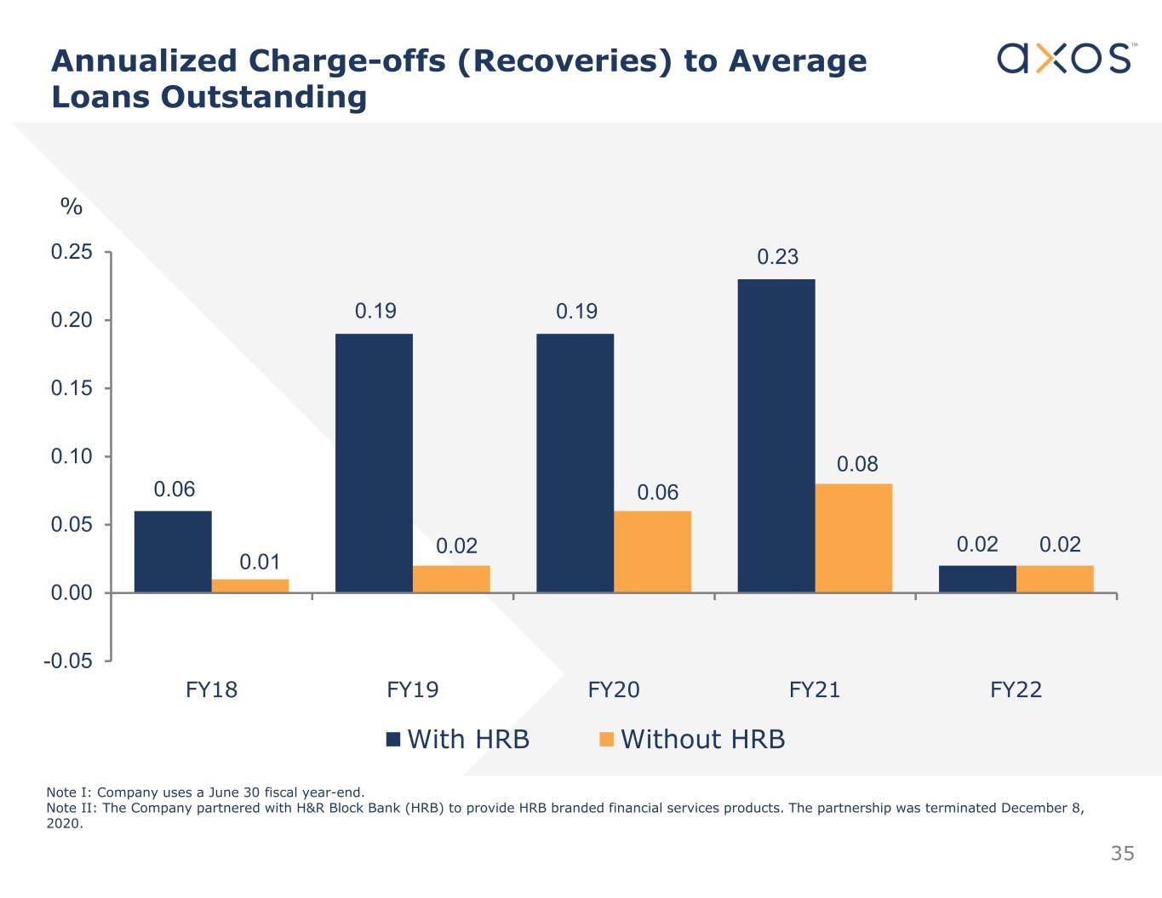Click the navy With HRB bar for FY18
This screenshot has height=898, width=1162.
[173, 552]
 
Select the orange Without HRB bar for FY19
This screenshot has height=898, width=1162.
[451, 579]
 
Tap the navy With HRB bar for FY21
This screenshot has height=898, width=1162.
[776, 436]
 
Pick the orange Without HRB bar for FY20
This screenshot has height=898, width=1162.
[652, 552]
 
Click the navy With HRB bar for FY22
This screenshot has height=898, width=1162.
[977, 579]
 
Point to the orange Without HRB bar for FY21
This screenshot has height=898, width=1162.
[854, 538]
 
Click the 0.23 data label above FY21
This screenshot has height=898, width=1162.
[778, 257]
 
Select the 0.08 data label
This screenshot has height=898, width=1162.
[857, 464]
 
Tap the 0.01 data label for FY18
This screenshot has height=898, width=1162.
[260, 562]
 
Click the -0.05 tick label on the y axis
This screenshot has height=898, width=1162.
[68, 661]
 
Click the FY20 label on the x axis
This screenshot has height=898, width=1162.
[614, 689]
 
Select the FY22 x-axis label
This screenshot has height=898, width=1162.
[1016, 689]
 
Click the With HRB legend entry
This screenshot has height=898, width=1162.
[468, 739]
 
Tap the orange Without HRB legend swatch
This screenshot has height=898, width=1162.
[607, 739]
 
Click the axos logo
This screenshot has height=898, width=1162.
[1065, 58]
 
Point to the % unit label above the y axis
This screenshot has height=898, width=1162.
[72, 207]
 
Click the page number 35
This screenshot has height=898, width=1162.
[1122, 853]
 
